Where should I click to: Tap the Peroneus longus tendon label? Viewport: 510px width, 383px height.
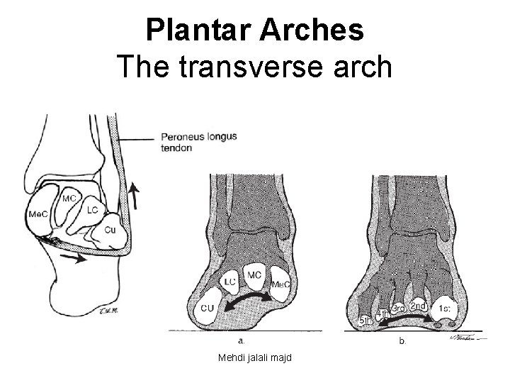tap(198, 142)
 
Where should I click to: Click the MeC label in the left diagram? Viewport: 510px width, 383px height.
tap(38, 213)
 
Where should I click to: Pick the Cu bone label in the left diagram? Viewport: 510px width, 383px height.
tap(110, 231)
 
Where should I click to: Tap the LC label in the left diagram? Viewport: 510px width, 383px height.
tap(92, 211)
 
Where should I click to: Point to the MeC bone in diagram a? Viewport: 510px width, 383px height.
tap(282, 284)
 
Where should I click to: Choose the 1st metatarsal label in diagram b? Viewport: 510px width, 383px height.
tap(447, 309)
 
